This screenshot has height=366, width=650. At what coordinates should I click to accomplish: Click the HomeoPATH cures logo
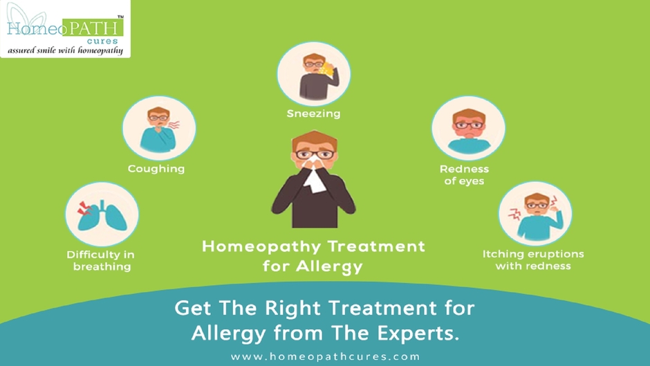pyautogui.click(x=64, y=29)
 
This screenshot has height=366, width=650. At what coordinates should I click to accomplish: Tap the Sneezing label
pyautogui.click(x=313, y=113)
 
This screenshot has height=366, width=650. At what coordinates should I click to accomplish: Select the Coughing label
pyautogui.click(x=156, y=168)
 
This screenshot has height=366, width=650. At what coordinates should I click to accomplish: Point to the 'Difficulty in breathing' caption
pyautogui.click(x=101, y=260)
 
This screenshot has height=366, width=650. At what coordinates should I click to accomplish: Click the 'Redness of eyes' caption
pyautogui.click(x=464, y=174)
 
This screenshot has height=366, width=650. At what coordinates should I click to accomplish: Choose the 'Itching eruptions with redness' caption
pyautogui.click(x=533, y=259)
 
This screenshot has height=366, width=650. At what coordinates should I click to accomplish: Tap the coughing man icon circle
pyautogui.click(x=159, y=129)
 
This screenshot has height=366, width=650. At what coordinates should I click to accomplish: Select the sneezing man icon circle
pyautogui.click(x=314, y=74)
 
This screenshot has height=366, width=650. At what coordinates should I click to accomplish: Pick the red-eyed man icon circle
pyautogui.click(x=468, y=129)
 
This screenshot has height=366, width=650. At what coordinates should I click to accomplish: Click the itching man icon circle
pyautogui.click(x=535, y=214)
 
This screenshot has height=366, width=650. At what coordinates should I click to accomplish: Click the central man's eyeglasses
pyautogui.click(x=313, y=154)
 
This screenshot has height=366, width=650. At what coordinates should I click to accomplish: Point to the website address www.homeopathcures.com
pyautogui.click(x=325, y=356)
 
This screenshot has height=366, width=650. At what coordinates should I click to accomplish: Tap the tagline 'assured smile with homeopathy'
pyautogui.click(x=66, y=50)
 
